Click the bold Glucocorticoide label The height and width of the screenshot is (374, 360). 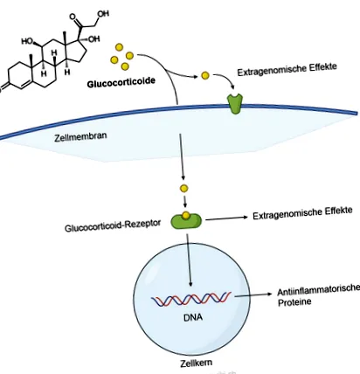click(121, 82)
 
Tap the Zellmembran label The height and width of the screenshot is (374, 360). click(80, 136)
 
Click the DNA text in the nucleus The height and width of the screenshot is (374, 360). click(193, 316)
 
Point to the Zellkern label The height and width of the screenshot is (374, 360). click(196, 363)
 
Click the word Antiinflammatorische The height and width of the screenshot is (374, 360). click(319, 289)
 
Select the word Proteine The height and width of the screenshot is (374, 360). click(294, 302)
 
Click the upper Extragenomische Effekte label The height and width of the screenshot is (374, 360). click(287, 69)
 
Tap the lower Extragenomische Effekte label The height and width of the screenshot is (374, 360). click(302, 213)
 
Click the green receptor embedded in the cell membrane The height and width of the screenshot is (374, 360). click(235, 103)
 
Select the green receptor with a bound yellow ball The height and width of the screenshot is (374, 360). click(186, 220)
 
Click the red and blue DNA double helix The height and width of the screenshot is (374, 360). click(190, 298)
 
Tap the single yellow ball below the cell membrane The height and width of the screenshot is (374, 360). click(183, 189)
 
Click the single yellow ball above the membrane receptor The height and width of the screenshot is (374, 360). click(205, 76)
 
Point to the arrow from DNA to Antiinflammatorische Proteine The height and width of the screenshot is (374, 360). click(253, 294)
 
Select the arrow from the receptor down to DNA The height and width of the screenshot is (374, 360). click(189, 260)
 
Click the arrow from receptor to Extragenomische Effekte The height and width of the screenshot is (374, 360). click(226, 218)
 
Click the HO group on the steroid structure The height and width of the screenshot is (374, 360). click(27, 42)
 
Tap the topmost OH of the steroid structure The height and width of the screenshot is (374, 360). click(103, 14)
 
